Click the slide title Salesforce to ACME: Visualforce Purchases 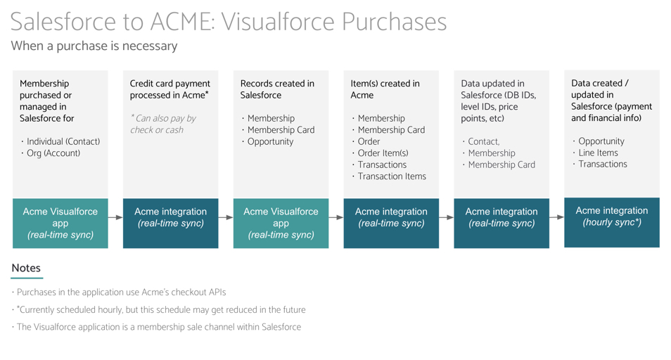pos(229,22)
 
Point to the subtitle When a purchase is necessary pos(94,46)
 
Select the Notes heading pos(26,268)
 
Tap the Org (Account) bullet pos(53,153)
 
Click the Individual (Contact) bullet pos(63,141)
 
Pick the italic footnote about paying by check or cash pos(163,124)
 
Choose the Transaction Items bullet pos(391,176)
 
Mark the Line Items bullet pos(597,153)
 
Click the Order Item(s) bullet pos(383,153)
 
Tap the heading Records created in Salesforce pos(277,89)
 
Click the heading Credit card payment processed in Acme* pos(170,89)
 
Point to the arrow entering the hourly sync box pos(556,217)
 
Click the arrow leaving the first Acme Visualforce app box pos(115,217)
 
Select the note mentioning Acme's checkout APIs pos(121,292)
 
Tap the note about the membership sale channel pos(158,327)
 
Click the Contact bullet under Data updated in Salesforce pos(483,141)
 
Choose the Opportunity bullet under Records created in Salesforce pos(270,141)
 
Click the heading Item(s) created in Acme pos(385,89)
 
